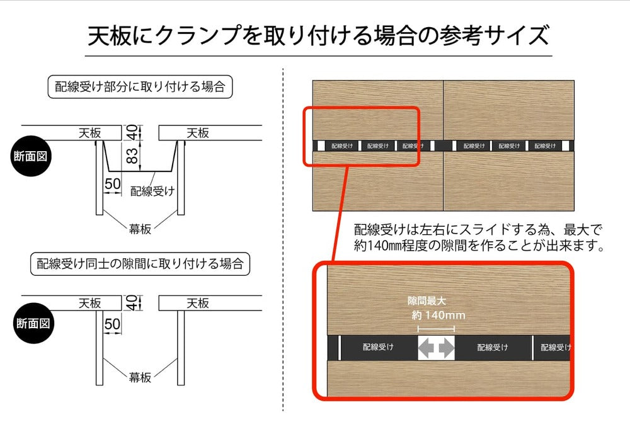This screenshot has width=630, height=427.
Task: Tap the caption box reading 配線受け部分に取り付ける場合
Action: [x=140, y=87]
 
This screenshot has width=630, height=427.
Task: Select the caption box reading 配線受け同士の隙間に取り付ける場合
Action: [x=140, y=263]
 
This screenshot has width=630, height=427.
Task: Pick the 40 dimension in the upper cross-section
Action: [x=132, y=132]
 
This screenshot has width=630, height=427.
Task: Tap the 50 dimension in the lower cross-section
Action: [x=113, y=324]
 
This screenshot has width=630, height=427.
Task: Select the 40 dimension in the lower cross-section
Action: [x=132, y=302]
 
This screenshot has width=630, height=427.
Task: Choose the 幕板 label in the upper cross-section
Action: [x=140, y=229]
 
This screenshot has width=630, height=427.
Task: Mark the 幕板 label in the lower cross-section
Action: [x=140, y=377]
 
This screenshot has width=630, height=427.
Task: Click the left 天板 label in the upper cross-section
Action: [x=89, y=133]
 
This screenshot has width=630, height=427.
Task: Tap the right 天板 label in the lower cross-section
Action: [x=198, y=303]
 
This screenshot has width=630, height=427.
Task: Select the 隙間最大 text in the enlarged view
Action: [x=427, y=302]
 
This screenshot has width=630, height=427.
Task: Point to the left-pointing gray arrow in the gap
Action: [x=428, y=348]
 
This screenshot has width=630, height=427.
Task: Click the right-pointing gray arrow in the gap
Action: [x=446, y=348]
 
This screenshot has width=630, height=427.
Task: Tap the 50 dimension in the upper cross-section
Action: [x=113, y=183]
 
